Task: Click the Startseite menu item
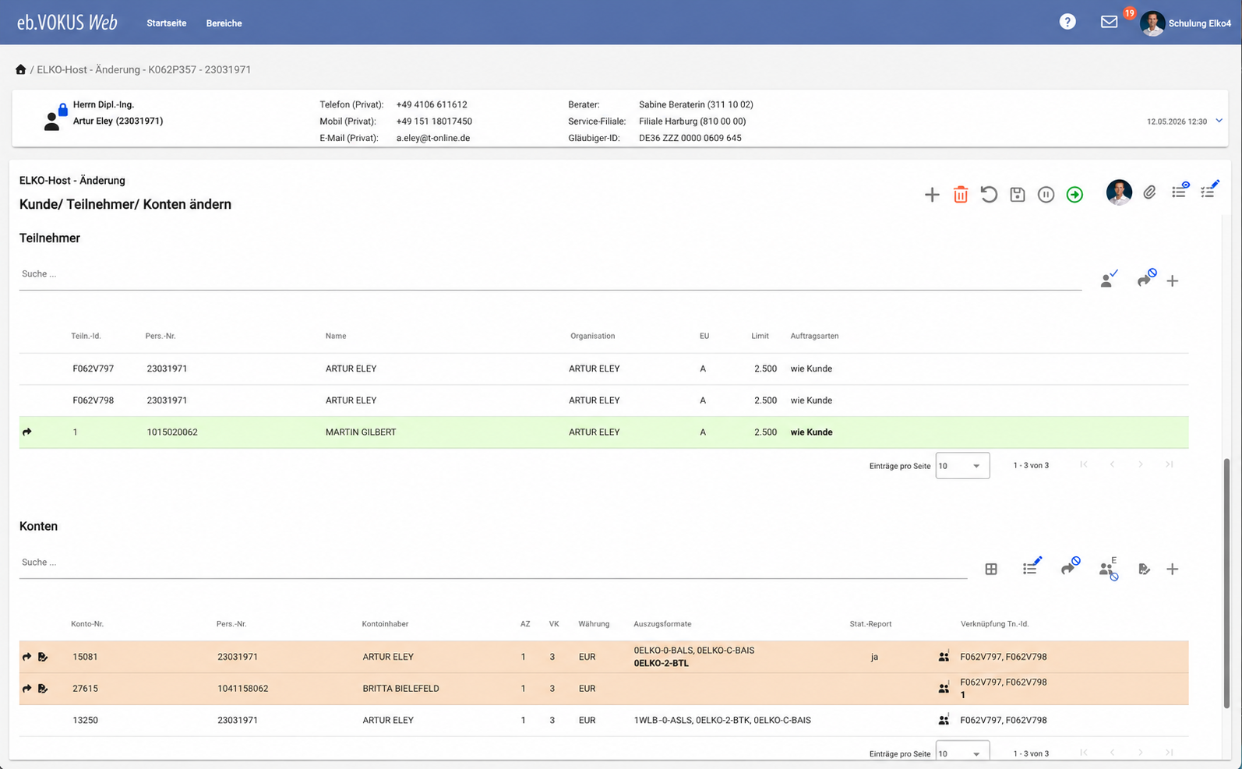click(x=166, y=23)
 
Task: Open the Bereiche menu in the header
click(x=224, y=23)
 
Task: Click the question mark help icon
click(x=1067, y=22)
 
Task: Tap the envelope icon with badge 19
click(x=1109, y=22)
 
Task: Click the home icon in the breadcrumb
click(x=20, y=69)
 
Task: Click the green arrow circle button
click(x=1074, y=195)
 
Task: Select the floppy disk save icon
click(x=1018, y=195)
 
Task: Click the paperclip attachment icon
click(x=1149, y=192)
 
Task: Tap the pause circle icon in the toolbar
click(x=1046, y=195)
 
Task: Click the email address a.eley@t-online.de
click(x=433, y=138)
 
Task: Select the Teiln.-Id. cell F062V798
click(x=94, y=400)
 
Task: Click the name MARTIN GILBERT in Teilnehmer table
click(x=361, y=432)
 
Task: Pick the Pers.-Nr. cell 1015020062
click(x=172, y=432)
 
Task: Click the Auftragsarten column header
click(x=814, y=336)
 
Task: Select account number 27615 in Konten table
click(x=85, y=689)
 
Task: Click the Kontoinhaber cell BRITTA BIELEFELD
click(x=400, y=689)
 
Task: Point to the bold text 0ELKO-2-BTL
click(x=661, y=663)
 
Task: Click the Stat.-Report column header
click(x=870, y=624)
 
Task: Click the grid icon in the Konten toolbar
click(x=991, y=570)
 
